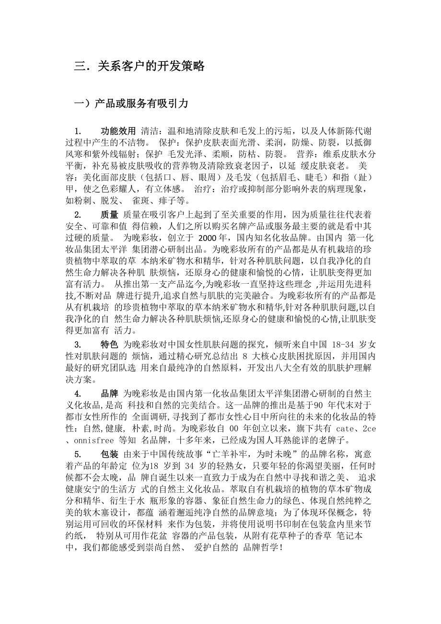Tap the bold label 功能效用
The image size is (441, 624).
pos(118,131)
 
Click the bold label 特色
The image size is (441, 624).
pos(109,344)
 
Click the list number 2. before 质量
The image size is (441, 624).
pos(78,214)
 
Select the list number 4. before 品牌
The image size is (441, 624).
pos(78,394)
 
